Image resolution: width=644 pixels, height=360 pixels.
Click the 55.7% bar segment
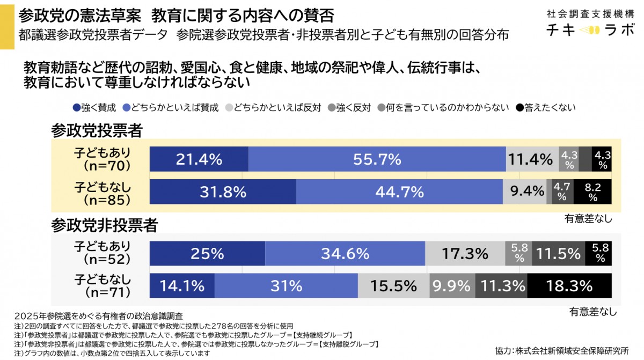(377, 159)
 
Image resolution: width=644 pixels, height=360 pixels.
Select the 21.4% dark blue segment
(199, 159)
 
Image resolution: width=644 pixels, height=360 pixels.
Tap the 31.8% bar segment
(223, 192)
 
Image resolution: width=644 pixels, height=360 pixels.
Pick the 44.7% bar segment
(399, 192)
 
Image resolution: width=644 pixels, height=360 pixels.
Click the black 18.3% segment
(569, 285)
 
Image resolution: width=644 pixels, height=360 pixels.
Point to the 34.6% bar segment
(345, 253)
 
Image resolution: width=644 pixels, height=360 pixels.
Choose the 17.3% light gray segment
(465, 253)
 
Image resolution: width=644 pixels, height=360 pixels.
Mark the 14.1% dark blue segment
(182, 285)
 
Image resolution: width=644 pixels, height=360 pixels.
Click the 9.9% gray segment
(452, 285)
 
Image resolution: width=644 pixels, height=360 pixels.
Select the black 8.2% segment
(592, 192)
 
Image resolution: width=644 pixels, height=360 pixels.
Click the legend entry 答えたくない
(546, 107)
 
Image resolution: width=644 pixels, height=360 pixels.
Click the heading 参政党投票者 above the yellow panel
(97, 129)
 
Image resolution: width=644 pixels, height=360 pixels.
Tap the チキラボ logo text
(588, 31)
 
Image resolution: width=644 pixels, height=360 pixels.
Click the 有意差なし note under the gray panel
(592, 311)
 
